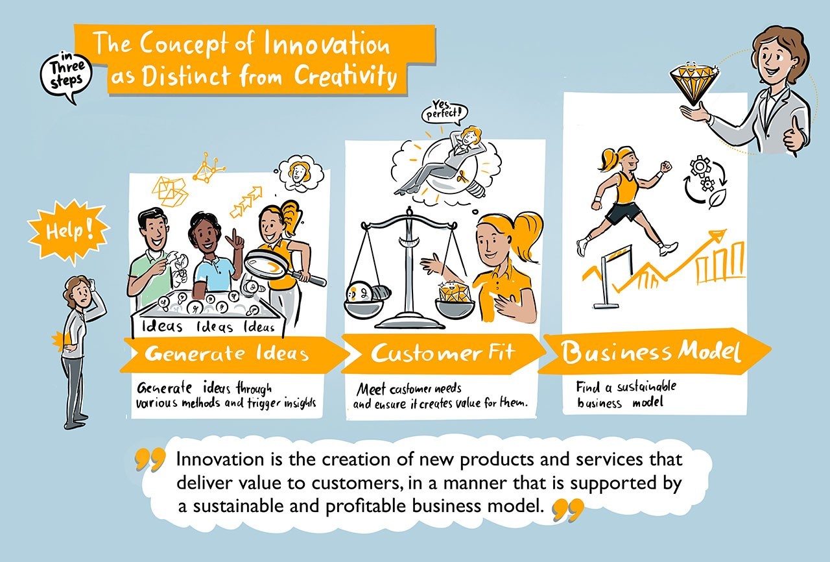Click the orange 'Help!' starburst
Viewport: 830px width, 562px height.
[68, 232]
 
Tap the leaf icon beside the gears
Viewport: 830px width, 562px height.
[717, 199]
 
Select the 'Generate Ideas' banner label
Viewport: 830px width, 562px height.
[227, 353]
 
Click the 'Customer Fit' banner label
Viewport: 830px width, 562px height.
[443, 352]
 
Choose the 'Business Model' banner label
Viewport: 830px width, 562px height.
[650, 352]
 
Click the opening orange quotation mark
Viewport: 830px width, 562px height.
[150, 459]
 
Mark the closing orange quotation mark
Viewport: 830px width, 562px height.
[569, 509]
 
